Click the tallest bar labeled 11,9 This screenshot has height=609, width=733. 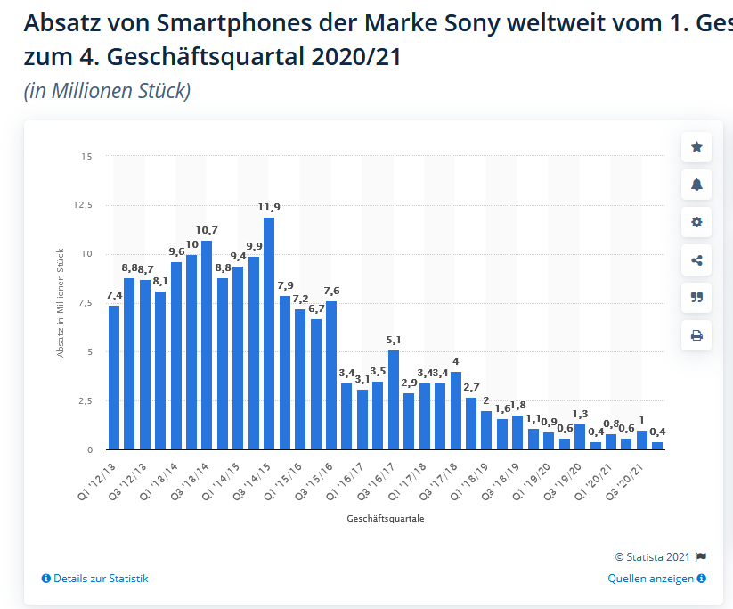(x=269, y=333)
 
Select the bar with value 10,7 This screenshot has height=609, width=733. (x=207, y=344)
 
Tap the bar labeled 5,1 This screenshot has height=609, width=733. (x=393, y=399)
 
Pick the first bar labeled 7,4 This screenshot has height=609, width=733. (x=114, y=377)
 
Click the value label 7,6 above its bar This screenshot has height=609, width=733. (x=330, y=291)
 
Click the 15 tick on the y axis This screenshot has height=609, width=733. (x=86, y=156)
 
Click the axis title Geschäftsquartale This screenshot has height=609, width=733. (x=386, y=519)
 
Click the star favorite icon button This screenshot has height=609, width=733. (x=696, y=147)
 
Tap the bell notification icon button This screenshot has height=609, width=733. (x=696, y=185)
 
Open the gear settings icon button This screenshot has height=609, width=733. (x=696, y=222)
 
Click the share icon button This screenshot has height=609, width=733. (x=696, y=260)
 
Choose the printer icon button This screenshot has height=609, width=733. (x=696, y=335)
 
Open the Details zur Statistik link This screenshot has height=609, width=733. (x=95, y=579)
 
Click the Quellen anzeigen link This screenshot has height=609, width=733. (x=656, y=579)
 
